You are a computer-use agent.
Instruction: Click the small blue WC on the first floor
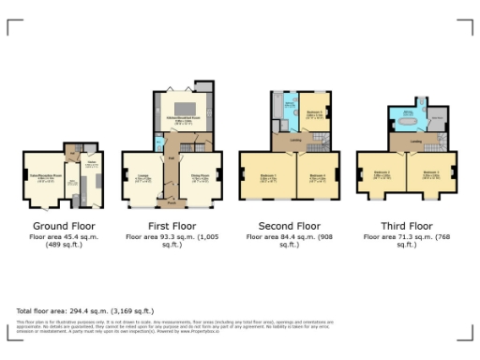[x=160, y=141]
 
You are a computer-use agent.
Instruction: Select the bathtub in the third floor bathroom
[x=409, y=118]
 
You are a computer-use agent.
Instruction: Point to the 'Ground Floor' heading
[x=64, y=226]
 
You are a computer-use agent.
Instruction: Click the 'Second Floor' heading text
[x=295, y=226]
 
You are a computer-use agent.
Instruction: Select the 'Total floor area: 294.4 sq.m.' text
[x=84, y=310]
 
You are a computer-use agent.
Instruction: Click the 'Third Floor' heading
[x=407, y=226]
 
